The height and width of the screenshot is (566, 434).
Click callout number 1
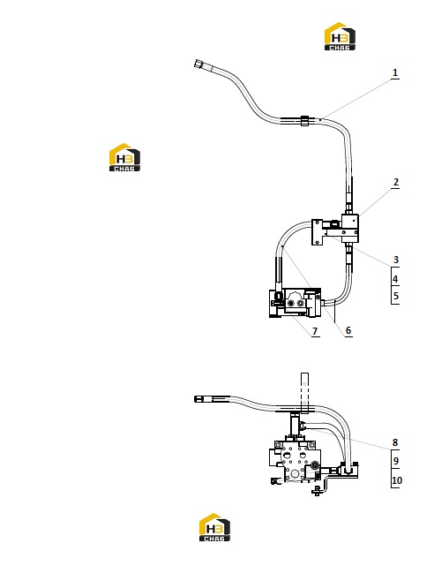395,72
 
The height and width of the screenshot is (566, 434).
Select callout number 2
396,182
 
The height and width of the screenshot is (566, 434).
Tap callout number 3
396,260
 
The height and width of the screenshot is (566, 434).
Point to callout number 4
395,279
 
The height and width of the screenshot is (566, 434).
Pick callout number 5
396,296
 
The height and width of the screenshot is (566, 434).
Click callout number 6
348,330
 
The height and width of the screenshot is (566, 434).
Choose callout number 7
315,331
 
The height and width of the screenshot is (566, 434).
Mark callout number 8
395,442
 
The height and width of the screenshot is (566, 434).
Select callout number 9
396,461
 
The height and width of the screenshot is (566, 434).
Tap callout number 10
397,480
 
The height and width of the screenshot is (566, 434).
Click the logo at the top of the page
340,36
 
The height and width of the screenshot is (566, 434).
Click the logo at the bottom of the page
214,527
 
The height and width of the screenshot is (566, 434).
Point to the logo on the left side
124,157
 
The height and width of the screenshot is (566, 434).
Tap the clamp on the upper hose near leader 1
304,121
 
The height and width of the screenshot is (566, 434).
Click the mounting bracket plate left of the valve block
317,232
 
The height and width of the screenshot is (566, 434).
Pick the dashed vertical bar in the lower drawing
304,393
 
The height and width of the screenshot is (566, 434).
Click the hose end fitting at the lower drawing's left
199,399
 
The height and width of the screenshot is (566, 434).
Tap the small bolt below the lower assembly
317,490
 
